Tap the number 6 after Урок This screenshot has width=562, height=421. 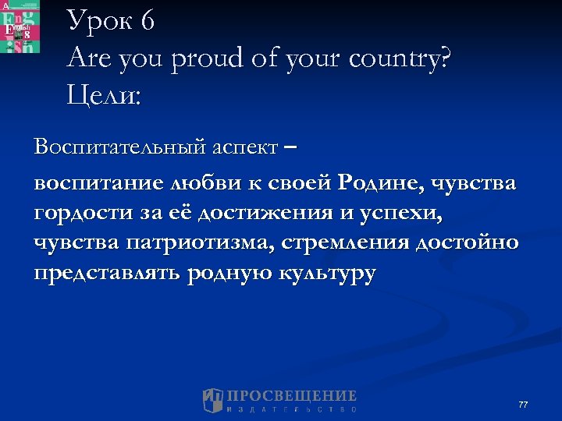coord(148,20)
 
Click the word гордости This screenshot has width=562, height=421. coord(76,212)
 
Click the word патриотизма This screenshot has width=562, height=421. coord(180,242)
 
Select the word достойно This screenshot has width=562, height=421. coord(467,242)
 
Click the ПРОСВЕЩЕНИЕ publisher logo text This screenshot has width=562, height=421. coord(290,397)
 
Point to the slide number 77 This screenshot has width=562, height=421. coord(523,405)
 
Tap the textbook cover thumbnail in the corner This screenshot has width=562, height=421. coord(20,27)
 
